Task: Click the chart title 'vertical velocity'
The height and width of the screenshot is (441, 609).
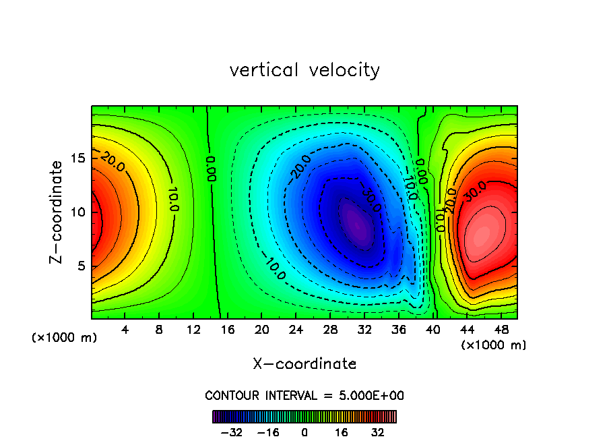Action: [304, 70]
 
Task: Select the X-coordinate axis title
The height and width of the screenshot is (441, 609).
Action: [304, 364]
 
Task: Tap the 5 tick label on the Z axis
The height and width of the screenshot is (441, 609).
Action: [78, 266]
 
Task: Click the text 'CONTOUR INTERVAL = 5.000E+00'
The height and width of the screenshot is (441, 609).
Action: [304, 395]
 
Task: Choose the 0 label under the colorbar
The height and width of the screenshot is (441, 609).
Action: [304, 432]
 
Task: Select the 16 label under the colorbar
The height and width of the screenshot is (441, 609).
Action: [342, 432]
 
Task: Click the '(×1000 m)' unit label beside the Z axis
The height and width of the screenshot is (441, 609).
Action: [65, 338]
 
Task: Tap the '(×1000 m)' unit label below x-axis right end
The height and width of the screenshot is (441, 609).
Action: [494, 345]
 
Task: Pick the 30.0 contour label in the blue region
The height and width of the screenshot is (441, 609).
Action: [369, 200]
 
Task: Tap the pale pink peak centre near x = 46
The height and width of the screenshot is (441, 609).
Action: [482, 235]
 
